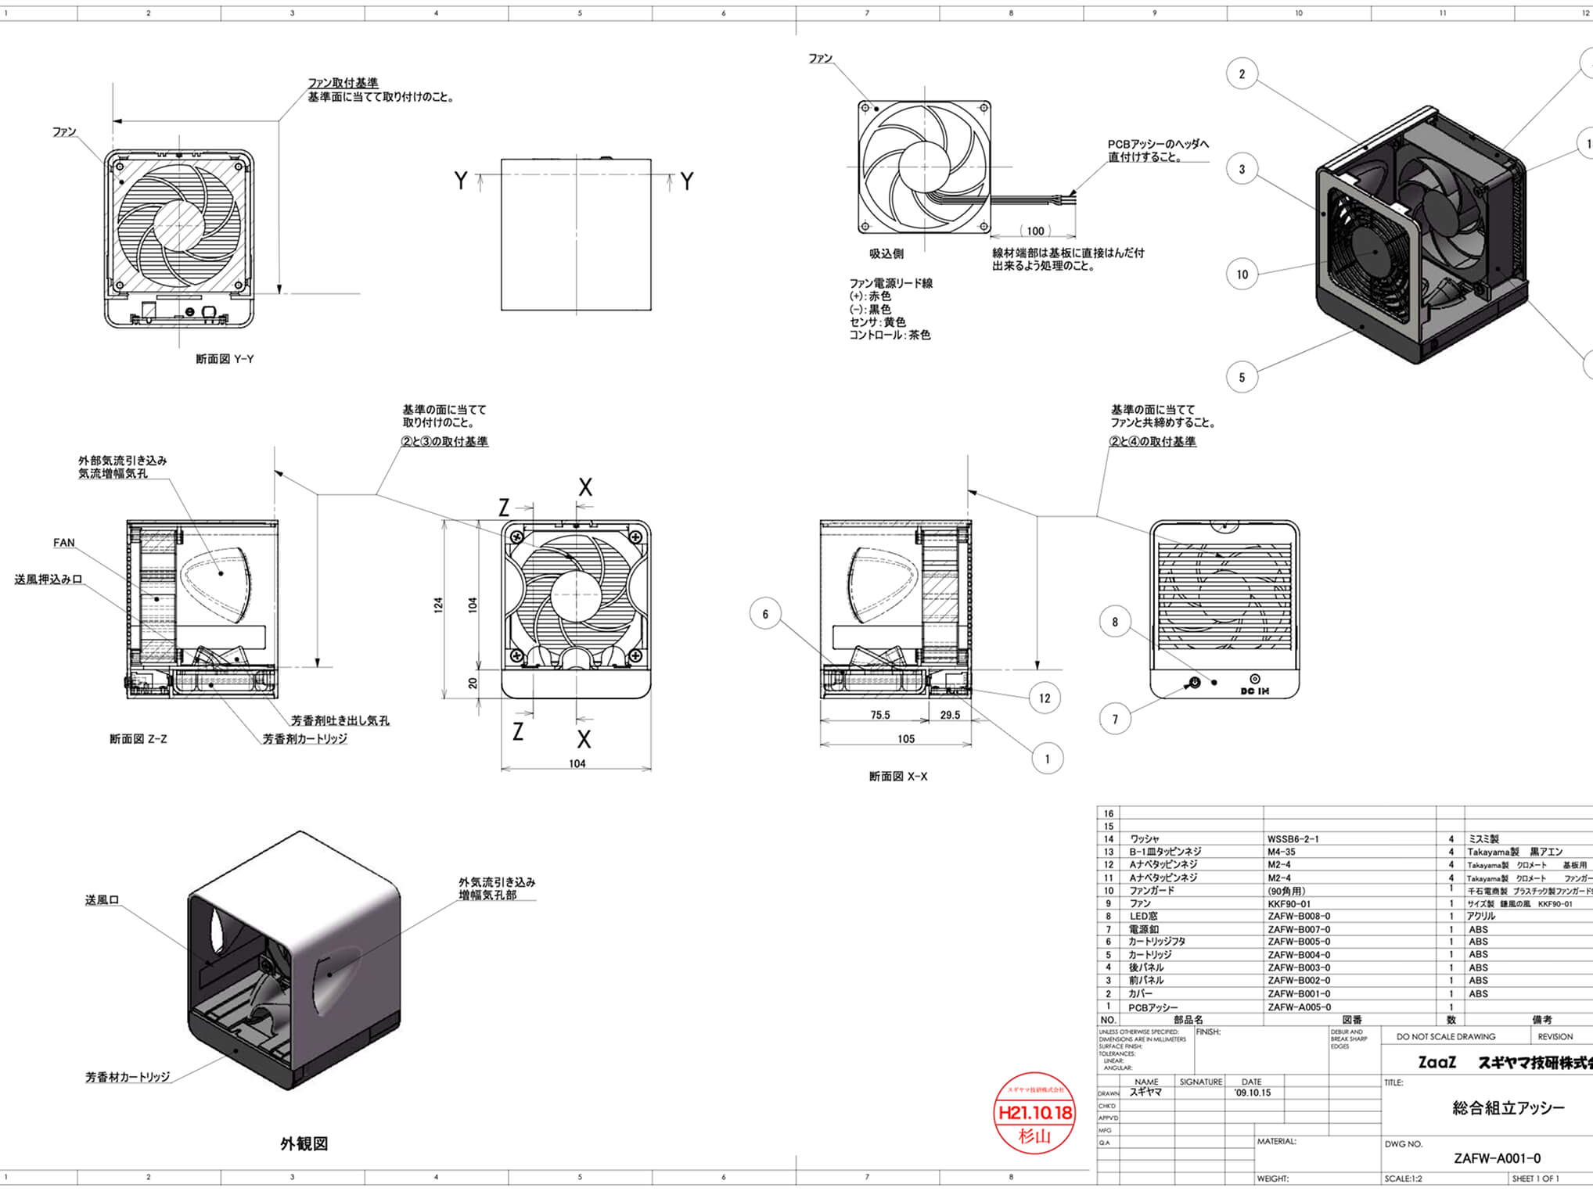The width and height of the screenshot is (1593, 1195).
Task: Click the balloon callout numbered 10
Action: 1242,275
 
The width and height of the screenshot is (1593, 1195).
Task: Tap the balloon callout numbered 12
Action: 1045,698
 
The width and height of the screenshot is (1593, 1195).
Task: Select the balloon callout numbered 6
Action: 765,614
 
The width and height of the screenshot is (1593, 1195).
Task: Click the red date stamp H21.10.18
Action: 1035,1112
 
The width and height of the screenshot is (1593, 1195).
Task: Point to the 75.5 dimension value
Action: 880,715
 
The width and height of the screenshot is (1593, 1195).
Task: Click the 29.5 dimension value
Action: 950,715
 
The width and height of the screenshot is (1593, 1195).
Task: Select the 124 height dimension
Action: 438,605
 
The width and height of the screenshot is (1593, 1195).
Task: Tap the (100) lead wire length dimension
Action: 1035,231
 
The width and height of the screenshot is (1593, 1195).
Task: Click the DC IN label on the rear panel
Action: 1255,691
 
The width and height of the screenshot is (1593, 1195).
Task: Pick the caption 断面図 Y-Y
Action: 225,359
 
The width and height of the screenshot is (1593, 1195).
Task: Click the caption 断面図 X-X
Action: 898,777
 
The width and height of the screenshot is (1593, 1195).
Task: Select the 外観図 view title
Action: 304,1144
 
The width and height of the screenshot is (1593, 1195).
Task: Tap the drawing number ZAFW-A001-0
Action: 1497,1158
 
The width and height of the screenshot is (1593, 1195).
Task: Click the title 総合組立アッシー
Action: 1508,1107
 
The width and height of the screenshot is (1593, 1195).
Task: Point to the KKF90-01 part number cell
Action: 1289,903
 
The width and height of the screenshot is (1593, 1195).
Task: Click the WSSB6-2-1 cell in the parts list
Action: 1293,838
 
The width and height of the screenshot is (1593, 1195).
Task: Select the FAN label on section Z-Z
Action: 64,543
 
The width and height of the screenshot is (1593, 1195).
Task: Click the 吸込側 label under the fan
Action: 886,253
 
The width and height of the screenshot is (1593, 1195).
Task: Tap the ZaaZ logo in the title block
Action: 1437,1062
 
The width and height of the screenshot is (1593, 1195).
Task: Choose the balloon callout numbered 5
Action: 1242,377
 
